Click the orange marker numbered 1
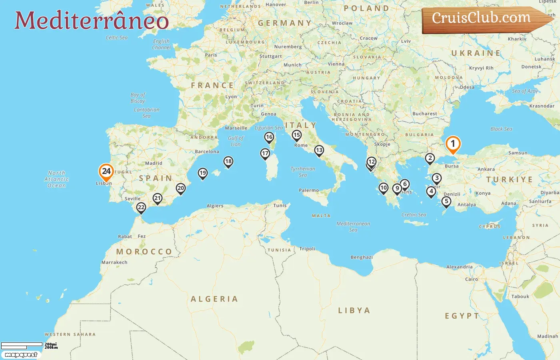[x=453, y=144]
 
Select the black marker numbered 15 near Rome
[x=296, y=135]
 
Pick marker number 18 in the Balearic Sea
[x=228, y=162]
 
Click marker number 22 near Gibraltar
[x=141, y=207]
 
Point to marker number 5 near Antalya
[x=446, y=202]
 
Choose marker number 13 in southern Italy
[x=319, y=150]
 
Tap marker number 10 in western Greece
[x=383, y=188]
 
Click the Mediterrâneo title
[x=92, y=20]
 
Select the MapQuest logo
[x=21, y=355]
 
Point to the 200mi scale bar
[x=22, y=344]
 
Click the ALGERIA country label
[x=214, y=299]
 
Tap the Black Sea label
[x=501, y=129]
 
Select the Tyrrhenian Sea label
[x=303, y=172]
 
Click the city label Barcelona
[x=207, y=152]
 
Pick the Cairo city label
[x=472, y=279]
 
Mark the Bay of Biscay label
[x=138, y=98]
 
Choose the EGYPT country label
[x=462, y=316]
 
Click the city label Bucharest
[x=425, y=114]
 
